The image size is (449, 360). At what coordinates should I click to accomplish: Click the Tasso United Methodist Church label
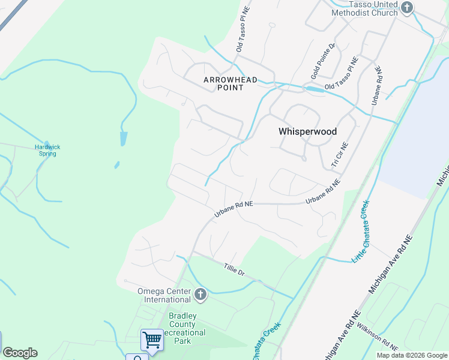[x=365, y=8]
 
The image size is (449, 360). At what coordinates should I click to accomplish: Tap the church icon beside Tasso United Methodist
[x=408, y=8]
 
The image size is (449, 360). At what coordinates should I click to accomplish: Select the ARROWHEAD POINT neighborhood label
[x=223, y=83]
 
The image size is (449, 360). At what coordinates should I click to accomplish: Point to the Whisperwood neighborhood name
[x=307, y=131]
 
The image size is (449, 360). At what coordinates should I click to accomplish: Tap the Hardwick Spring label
[x=47, y=150]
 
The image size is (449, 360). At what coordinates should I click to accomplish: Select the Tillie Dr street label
[x=234, y=269]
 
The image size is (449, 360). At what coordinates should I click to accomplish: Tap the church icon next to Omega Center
[x=200, y=295]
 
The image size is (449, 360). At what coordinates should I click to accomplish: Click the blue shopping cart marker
[x=152, y=340]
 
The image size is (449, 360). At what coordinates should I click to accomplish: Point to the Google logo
[x=20, y=353]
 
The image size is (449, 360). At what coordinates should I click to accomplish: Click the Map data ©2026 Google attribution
[x=411, y=355]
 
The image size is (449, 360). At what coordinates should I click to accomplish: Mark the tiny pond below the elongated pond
[x=116, y=165]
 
